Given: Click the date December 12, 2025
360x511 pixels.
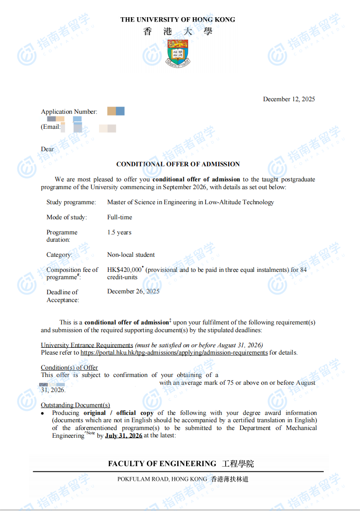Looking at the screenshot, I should [289, 99].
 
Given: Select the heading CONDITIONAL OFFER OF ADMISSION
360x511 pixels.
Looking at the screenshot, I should [178, 164].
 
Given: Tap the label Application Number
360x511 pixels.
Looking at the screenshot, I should [69, 112].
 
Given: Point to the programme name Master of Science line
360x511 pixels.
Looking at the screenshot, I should [190, 202].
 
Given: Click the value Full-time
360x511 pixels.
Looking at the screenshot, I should [120, 217].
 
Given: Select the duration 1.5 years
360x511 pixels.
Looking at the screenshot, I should [119, 232].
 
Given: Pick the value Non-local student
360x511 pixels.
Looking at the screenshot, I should [131, 255].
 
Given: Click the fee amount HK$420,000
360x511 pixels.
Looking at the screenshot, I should [124, 270].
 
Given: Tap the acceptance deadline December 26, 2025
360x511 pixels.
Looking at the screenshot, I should [133, 291].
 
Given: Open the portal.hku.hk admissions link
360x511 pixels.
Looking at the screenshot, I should [174, 352].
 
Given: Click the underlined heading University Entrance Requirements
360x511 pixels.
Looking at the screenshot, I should [87, 345].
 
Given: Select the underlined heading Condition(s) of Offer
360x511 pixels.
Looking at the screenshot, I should [69, 368].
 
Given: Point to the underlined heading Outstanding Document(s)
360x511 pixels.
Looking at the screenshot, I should [75, 405].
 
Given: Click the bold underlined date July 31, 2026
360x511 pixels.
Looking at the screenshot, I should [124, 436].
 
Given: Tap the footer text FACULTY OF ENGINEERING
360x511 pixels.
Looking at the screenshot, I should [162, 464].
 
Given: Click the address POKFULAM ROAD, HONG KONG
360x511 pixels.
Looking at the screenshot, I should [162, 479].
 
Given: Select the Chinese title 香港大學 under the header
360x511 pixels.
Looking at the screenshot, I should [178, 31].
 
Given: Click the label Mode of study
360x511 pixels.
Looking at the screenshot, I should [66, 217].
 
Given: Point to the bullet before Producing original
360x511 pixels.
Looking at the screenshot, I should [43, 413].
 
